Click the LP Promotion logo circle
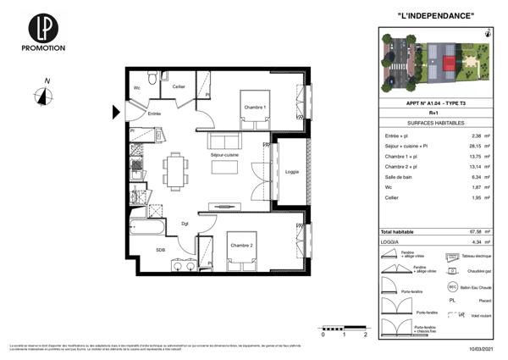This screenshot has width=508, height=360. (41, 26)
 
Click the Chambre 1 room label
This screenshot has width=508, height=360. (254, 108)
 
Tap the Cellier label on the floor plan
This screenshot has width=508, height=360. (179, 87)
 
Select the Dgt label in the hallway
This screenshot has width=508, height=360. (185, 224)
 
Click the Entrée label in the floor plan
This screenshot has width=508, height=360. (154, 114)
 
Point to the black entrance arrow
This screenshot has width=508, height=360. (117, 110)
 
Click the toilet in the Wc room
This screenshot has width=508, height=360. (149, 81)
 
